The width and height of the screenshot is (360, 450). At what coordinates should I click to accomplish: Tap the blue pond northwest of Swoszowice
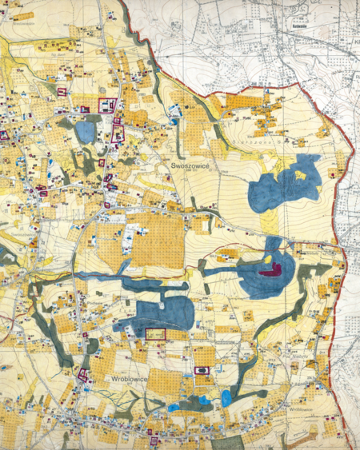[85, 131]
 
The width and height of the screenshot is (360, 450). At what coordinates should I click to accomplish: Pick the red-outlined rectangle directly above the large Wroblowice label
[154, 334]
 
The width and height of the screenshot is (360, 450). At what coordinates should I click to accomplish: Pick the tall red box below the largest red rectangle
[118, 132]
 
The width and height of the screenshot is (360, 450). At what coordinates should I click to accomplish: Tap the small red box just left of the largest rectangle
[84, 108]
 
